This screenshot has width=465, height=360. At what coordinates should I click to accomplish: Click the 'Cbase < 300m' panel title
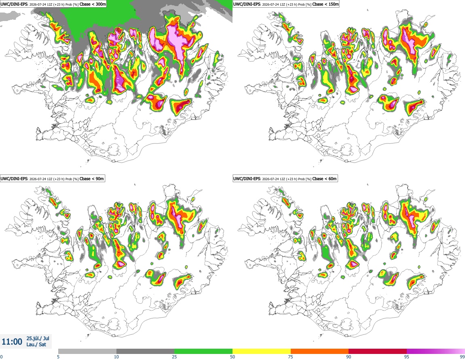pos(93,4)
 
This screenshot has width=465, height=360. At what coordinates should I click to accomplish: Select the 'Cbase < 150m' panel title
pos(325,4)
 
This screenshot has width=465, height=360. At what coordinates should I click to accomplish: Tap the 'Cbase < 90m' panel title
pos(92,179)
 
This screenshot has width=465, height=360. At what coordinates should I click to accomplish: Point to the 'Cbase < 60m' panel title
pos(325,179)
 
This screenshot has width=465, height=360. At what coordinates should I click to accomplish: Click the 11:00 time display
pos(12,342)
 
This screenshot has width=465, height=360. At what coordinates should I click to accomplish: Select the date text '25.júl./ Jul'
pos(38,338)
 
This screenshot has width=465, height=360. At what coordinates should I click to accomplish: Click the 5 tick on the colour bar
pos(58,357)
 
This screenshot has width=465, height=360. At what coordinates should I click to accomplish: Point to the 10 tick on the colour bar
pos(116,357)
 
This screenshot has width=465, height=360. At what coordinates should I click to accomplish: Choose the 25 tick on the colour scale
pos(174,357)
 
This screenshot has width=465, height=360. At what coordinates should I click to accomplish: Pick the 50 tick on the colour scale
pos(232,357)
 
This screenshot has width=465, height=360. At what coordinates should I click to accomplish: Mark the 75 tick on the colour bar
pos(291,357)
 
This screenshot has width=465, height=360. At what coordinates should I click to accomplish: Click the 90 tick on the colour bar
pos(349,357)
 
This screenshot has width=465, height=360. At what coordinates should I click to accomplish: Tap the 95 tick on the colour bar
pos(407,357)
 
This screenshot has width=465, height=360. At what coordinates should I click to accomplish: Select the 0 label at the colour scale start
pos(2,357)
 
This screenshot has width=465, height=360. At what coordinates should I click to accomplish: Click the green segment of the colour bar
pos(203,352)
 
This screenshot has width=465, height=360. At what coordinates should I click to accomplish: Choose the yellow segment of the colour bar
pos(262,352)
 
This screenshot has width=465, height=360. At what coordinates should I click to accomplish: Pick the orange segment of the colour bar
pos(320,352)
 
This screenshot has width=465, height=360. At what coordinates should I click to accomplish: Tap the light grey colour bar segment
pos(87,352)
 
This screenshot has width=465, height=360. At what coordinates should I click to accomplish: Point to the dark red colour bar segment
pos(378,352)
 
